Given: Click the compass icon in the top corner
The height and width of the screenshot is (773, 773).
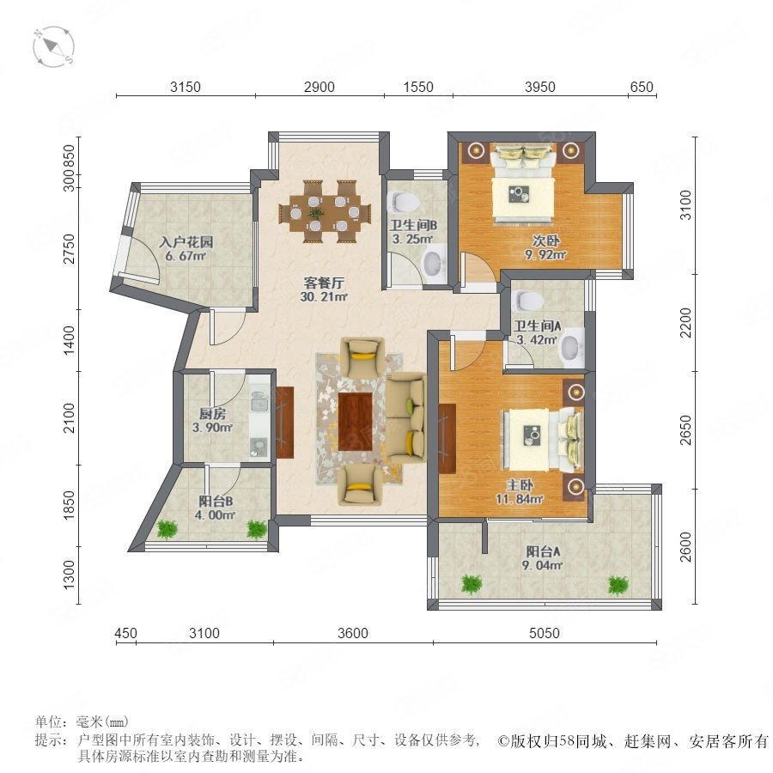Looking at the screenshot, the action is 54,47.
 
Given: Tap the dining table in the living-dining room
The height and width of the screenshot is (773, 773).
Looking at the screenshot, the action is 324,212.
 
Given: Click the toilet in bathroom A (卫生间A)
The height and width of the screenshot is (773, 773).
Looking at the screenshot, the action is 527,299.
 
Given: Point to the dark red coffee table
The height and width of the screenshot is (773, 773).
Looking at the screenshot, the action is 355,422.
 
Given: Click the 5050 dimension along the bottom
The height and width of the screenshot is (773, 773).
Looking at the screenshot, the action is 545,633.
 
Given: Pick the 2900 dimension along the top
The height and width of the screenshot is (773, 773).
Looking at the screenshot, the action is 319,88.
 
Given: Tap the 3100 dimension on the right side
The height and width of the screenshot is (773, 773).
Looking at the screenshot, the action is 685,205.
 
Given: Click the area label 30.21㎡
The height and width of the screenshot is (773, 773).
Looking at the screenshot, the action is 324,297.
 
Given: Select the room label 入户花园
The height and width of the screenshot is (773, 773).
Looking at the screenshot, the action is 186,242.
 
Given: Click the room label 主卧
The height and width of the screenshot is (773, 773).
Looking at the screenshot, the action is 520,485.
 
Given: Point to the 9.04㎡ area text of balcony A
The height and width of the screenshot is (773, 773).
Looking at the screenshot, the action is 542,565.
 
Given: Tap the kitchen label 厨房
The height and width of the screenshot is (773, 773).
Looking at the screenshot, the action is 212,414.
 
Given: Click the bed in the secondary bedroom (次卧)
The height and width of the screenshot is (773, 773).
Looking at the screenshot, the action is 523,184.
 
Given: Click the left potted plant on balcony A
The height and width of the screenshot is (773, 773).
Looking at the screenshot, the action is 472,584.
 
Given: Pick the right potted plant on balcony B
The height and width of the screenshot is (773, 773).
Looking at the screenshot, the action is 256,529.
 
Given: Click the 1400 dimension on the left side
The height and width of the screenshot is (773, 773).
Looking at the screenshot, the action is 69,339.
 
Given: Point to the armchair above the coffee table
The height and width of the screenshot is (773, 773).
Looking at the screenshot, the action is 362,357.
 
